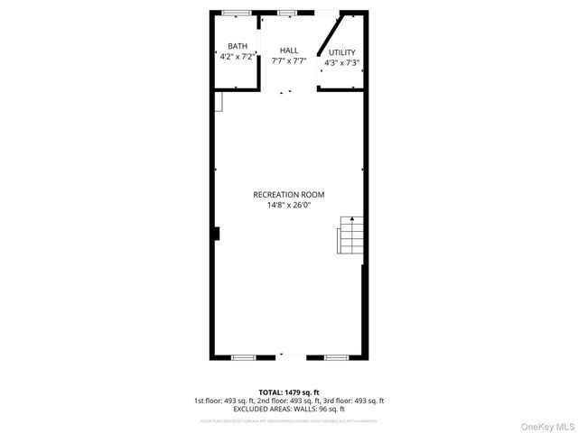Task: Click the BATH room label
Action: [238, 46]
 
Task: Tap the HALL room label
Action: [289, 51]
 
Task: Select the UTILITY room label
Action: [341, 52]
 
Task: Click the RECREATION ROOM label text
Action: [289, 195]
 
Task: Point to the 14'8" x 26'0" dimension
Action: [289, 205]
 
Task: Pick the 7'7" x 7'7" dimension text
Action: [289, 61]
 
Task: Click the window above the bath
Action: [238, 13]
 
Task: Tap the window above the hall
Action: [287, 13]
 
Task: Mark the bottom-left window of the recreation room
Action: [244, 358]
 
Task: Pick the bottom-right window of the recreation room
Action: [336, 358]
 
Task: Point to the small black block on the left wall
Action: [216, 234]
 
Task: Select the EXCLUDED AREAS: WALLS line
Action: [289, 409]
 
